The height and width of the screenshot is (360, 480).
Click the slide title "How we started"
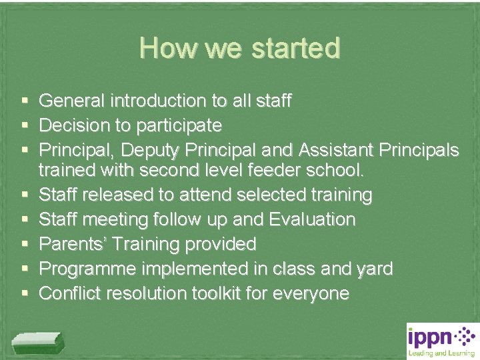point(240,48)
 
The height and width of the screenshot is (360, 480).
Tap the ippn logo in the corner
point(442,340)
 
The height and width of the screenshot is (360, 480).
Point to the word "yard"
point(373,269)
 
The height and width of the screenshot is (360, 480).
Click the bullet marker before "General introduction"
point(24,101)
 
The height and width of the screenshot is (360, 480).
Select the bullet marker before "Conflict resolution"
point(24,293)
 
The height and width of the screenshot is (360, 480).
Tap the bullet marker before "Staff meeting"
point(24,219)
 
